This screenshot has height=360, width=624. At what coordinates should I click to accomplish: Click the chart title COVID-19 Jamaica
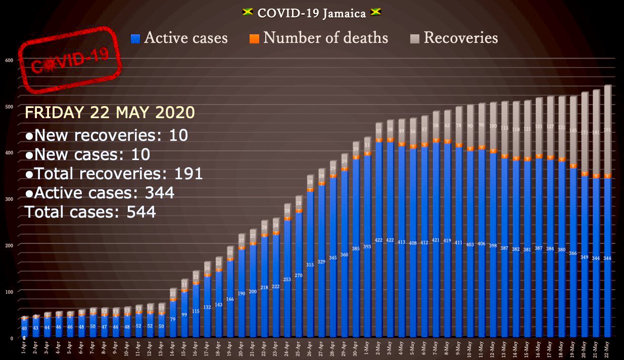(x=312, y=13)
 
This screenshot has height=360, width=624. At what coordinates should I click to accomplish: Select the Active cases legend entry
(x=179, y=38)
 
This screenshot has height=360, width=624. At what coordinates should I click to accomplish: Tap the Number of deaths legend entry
(x=319, y=38)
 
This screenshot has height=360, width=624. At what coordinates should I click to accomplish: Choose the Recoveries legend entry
(x=454, y=38)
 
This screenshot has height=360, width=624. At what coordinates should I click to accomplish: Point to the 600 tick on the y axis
(x=9, y=60)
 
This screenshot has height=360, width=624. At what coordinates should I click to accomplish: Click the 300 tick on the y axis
(x=9, y=199)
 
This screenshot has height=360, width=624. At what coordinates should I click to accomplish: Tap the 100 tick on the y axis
(x=9, y=291)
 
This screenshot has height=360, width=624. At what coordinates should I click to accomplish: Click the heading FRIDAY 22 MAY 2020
(x=110, y=112)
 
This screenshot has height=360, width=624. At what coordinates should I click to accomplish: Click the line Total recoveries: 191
(x=114, y=174)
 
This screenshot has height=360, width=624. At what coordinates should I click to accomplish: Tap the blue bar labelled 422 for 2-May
(x=379, y=242)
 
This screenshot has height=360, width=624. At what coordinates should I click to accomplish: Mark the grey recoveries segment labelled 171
(x=585, y=132)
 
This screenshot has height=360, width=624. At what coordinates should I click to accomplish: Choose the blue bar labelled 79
(x=173, y=319)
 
